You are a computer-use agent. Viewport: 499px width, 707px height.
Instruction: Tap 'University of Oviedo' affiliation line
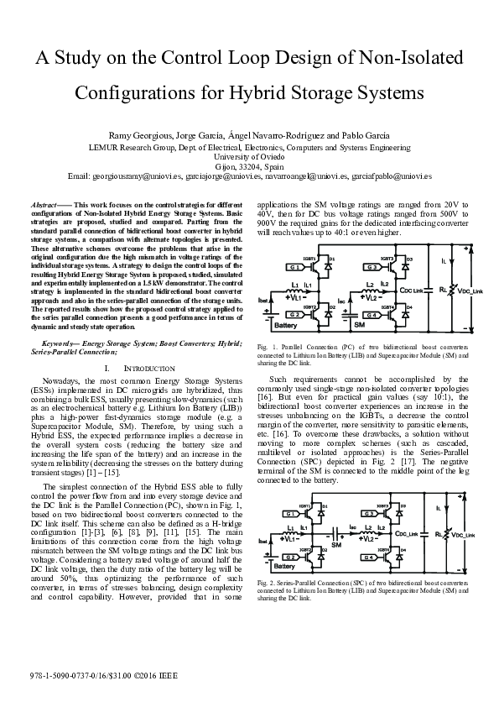(249, 156)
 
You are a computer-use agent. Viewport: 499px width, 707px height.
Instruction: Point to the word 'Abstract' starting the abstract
(44, 204)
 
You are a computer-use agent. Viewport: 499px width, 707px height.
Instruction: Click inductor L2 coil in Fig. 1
(369, 290)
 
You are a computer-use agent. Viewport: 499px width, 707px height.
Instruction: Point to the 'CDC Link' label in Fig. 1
(415, 290)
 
